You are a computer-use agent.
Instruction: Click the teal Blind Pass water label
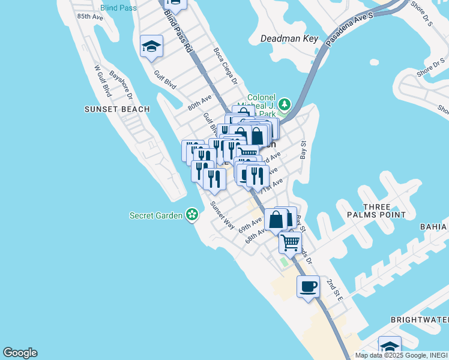118,8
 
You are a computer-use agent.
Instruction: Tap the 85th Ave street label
90,17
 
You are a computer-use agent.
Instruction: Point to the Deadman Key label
289,38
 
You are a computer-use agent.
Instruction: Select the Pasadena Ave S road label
349,28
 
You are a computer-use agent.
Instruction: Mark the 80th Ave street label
199,102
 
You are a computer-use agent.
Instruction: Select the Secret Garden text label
155,215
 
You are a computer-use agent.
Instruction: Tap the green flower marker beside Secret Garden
192,214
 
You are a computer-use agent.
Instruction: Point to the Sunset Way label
222,215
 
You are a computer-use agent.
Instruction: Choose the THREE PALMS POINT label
385,210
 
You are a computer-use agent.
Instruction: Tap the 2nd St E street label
334,290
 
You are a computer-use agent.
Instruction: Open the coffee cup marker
308,286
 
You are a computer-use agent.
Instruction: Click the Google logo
20,353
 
